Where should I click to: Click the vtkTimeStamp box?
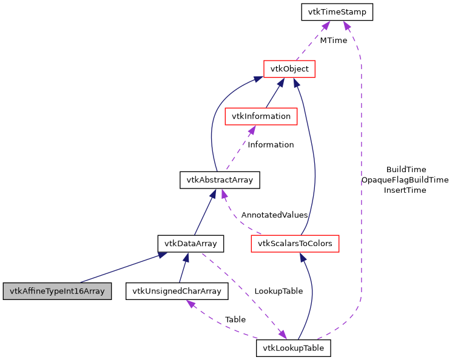tap(337, 12)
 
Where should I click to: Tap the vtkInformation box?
tap(260, 116)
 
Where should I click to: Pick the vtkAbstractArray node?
tap(220, 179)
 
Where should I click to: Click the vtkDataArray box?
tap(191, 244)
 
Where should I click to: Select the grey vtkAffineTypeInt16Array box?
tap(57, 291)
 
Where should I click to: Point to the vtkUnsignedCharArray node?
tap(177, 291)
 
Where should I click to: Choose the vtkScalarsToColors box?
tap(294, 244)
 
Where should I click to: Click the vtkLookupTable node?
tap(294, 348)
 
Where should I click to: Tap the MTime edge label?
tap(333, 41)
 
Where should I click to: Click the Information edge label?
tap(271, 145)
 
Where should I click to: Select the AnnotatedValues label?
tap(274, 215)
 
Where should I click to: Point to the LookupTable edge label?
tap(278, 291)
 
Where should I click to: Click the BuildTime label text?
tap(406, 170)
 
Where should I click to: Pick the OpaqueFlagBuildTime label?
tap(405, 180)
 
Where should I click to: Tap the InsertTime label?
tap(405, 190)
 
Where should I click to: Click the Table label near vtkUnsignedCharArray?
tap(235, 319)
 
